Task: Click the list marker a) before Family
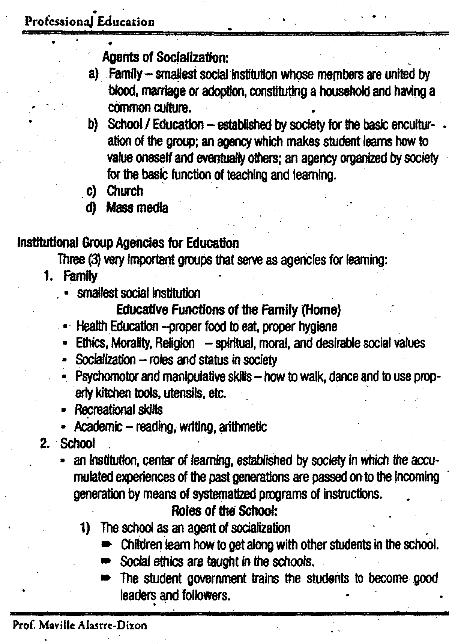[93, 75]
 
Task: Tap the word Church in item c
[125, 191]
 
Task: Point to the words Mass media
[137, 208]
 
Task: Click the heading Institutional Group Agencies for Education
[128, 243]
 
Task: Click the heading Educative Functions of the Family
[228, 310]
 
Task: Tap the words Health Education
[117, 327]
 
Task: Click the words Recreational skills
[119, 409]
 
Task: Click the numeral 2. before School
[45, 444]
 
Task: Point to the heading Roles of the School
[224, 511]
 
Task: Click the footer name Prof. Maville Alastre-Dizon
[80, 626]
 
